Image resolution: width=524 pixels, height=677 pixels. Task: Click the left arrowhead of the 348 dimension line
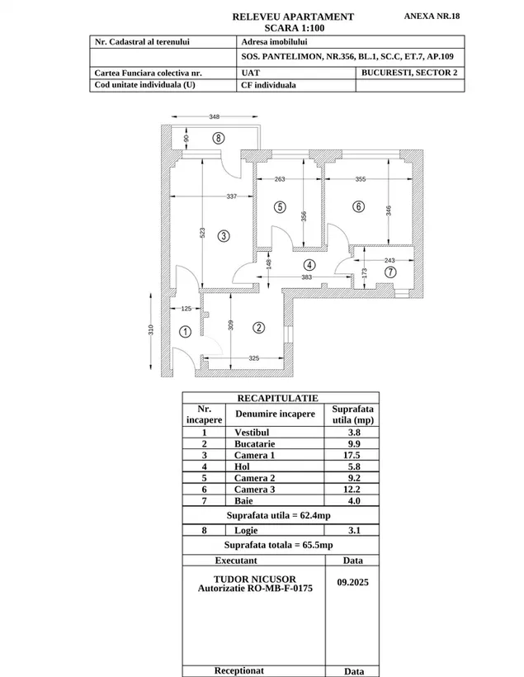[172, 116]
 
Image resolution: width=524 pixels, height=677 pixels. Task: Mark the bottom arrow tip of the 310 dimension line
[151, 369]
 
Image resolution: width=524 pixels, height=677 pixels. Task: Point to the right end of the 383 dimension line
[352, 277]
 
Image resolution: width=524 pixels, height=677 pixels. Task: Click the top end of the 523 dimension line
[202, 159]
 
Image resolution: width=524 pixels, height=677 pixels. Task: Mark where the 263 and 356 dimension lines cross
[304, 179]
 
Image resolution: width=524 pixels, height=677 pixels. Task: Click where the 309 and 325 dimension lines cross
[231, 358]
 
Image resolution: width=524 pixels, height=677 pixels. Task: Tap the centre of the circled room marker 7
[390, 272]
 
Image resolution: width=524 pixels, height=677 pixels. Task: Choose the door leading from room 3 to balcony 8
[231, 165]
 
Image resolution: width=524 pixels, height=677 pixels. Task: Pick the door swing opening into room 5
[282, 238]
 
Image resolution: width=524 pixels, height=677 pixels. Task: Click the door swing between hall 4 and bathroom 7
[343, 264]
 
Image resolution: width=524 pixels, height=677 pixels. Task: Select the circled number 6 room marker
[358, 206]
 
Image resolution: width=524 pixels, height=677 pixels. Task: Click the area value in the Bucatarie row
[354, 443]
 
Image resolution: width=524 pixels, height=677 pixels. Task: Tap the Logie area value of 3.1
[354, 530]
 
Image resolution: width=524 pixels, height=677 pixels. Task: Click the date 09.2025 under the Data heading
[352, 582]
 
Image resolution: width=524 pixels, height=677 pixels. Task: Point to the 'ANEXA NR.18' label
[432, 16]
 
